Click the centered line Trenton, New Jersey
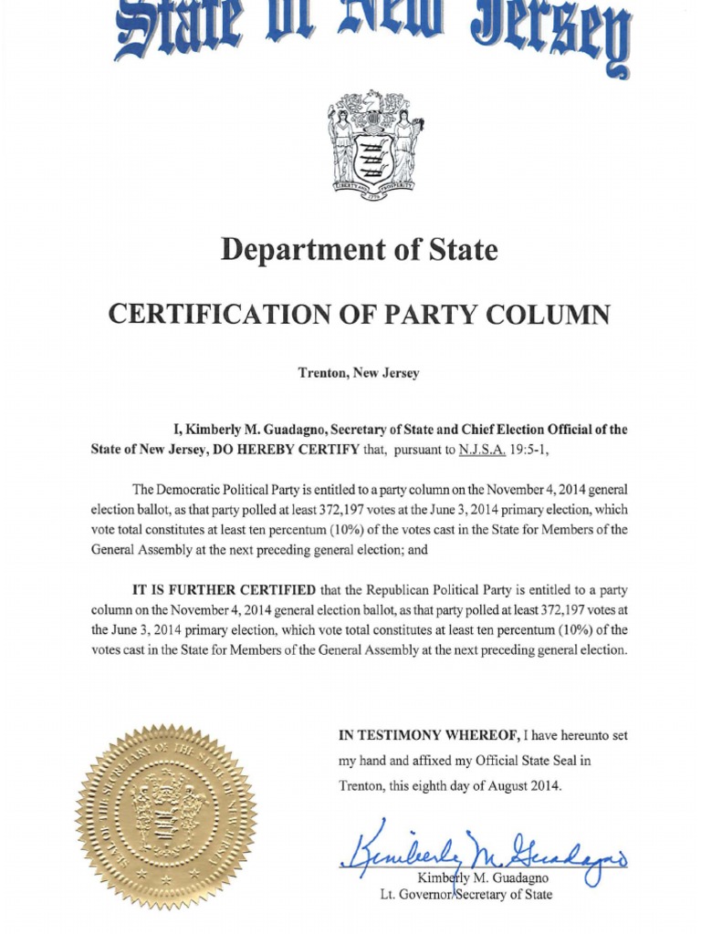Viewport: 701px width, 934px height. tap(359, 373)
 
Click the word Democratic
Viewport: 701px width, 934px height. tap(194, 490)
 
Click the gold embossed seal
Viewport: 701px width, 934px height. tap(166, 815)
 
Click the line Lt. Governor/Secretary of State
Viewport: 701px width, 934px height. tap(466, 895)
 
